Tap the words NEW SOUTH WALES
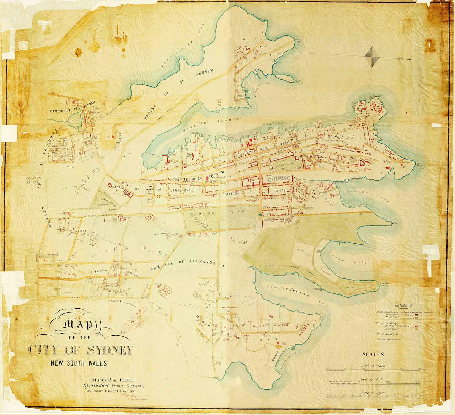(78, 363)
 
